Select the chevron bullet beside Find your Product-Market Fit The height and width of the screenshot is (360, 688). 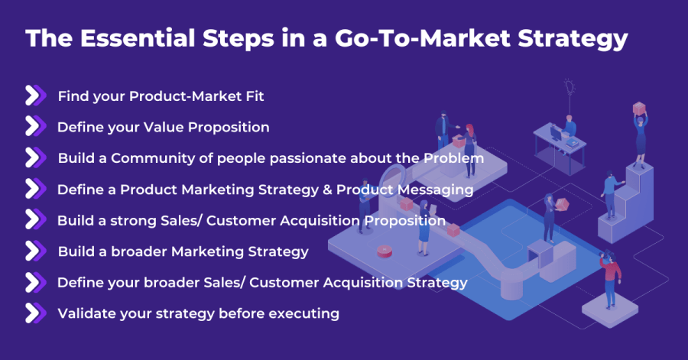click(34, 96)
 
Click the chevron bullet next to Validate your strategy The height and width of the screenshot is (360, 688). click(34, 313)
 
